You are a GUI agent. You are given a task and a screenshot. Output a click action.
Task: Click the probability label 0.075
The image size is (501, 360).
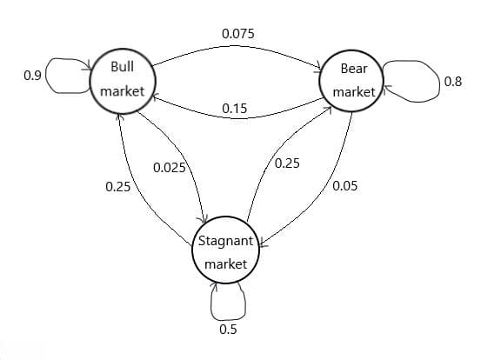238,34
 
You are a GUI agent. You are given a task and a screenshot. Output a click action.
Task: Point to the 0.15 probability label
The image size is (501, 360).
235,109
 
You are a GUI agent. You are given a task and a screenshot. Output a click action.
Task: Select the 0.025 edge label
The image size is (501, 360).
170,168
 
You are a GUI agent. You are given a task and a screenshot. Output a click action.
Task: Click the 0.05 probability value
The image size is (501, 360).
344,185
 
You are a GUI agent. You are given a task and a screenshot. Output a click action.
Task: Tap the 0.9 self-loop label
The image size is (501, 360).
32,76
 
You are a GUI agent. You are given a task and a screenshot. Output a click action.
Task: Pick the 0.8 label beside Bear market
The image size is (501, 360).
453,82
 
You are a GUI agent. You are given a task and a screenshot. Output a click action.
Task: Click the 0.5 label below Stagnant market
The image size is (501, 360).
228,329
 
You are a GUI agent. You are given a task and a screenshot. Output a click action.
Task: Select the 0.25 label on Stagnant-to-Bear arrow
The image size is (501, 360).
287,163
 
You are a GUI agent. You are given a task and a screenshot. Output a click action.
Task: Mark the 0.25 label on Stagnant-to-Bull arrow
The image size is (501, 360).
118,187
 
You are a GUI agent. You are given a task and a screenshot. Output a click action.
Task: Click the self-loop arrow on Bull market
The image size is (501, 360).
47,76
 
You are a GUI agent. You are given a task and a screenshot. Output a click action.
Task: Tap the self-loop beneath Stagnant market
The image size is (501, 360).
228,319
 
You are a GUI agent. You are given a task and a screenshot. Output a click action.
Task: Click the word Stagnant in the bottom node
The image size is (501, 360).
225,241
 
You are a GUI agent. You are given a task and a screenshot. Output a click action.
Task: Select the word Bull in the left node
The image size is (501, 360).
123,67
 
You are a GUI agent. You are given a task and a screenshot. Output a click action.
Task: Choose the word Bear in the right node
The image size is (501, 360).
354,69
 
